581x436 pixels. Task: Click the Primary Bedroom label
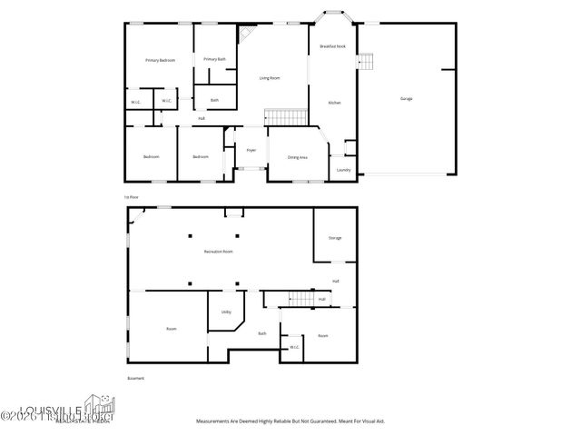tap(160, 60)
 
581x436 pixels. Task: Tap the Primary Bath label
tap(215, 59)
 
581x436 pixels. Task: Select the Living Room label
tap(270, 78)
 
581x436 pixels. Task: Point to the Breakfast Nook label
tap(333, 45)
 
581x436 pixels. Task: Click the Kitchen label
tap(333, 103)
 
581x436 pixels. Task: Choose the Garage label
tap(406, 98)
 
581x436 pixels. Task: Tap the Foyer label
tap(251, 150)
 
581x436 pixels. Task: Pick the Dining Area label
tap(297, 157)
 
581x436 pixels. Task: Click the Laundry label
tap(343, 170)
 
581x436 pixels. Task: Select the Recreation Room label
tap(219, 251)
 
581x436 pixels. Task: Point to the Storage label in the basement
tap(335, 238)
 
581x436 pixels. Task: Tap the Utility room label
tap(226, 312)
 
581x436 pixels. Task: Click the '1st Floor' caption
tap(132, 196)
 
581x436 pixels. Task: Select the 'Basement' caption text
tap(135, 378)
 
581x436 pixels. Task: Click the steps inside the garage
tap(365, 62)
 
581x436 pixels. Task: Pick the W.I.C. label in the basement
tap(294, 347)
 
